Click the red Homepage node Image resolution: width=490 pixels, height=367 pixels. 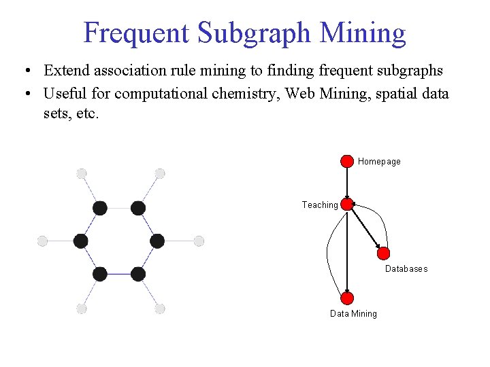pyautogui.click(x=347, y=161)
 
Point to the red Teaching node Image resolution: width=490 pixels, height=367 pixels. pyautogui.click(x=347, y=204)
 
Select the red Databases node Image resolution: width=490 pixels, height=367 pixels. pyautogui.click(x=383, y=254)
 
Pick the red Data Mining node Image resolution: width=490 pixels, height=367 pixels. pyautogui.click(x=347, y=298)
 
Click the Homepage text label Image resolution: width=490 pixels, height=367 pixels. pyautogui.click(x=379, y=162)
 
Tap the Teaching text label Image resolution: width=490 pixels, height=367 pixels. pyautogui.click(x=320, y=205)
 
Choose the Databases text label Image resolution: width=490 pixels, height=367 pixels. pyautogui.click(x=406, y=268)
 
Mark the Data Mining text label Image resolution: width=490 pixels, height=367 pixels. pyautogui.click(x=353, y=313)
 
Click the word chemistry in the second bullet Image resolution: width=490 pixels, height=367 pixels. pyautogui.click(x=248, y=94)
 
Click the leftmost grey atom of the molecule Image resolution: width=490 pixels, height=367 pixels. pyautogui.click(x=42, y=241)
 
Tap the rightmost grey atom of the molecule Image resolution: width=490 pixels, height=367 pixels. pyautogui.click(x=199, y=241)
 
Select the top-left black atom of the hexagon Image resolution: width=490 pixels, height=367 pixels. pyautogui.click(x=100, y=208)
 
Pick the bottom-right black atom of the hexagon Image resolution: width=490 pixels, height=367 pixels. pyautogui.click(x=138, y=274)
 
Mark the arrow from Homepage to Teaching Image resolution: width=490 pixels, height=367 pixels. pyautogui.click(x=347, y=182)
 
